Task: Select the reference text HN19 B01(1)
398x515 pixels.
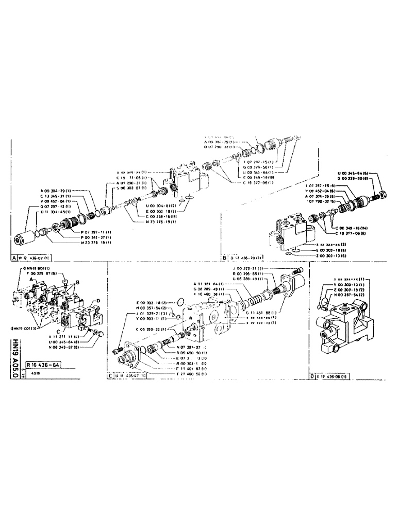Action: coord(36,269)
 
